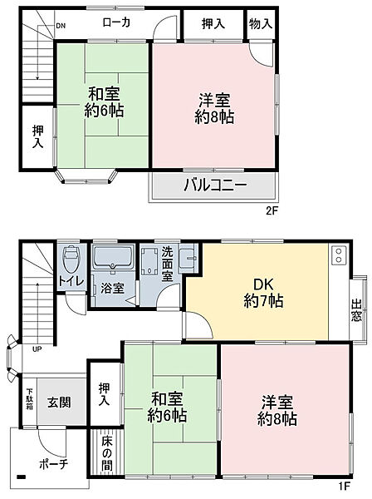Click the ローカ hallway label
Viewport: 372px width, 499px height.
pos(115,24)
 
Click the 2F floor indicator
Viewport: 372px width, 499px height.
pos(272,211)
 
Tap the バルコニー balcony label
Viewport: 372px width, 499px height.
pos(214,185)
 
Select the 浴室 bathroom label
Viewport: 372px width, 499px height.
pos(113,288)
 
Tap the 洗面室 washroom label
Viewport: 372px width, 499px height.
pos(167,262)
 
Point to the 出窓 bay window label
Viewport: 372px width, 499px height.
pos(356,309)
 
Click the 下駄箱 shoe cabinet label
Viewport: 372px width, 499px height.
pos(29,401)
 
